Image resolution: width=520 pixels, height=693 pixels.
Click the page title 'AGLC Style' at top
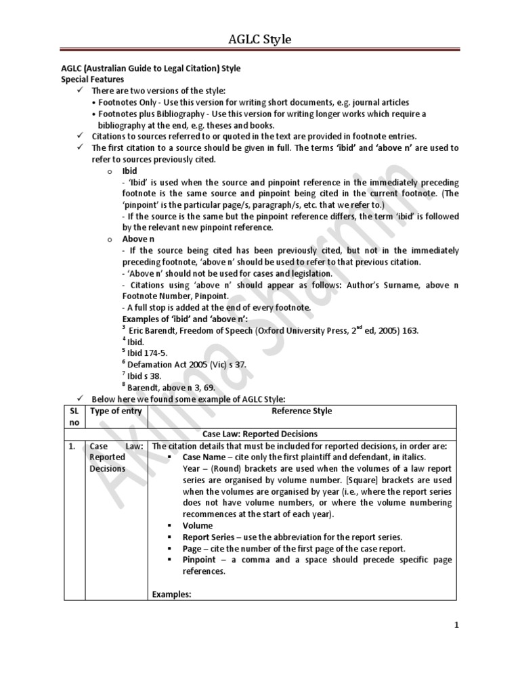click(x=259, y=40)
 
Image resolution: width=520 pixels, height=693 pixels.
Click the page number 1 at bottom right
click(x=456, y=625)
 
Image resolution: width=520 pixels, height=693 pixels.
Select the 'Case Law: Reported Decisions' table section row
click(x=259, y=434)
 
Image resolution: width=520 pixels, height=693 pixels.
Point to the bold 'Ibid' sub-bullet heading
click(x=129, y=171)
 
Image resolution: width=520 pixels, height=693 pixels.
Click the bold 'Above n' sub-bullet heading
click(x=138, y=240)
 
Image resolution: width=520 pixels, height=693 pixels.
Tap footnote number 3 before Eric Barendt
click(x=124, y=328)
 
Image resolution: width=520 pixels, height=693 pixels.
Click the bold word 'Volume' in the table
click(x=197, y=525)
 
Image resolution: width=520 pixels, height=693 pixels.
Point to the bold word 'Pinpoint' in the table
click(x=200, y=560)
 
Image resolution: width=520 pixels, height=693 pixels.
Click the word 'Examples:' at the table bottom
click(x=173, y=594)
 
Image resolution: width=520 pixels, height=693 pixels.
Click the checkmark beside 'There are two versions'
click(x=80, y=91)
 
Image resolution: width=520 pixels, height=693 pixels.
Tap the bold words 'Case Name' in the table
click(x=205, y=457)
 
